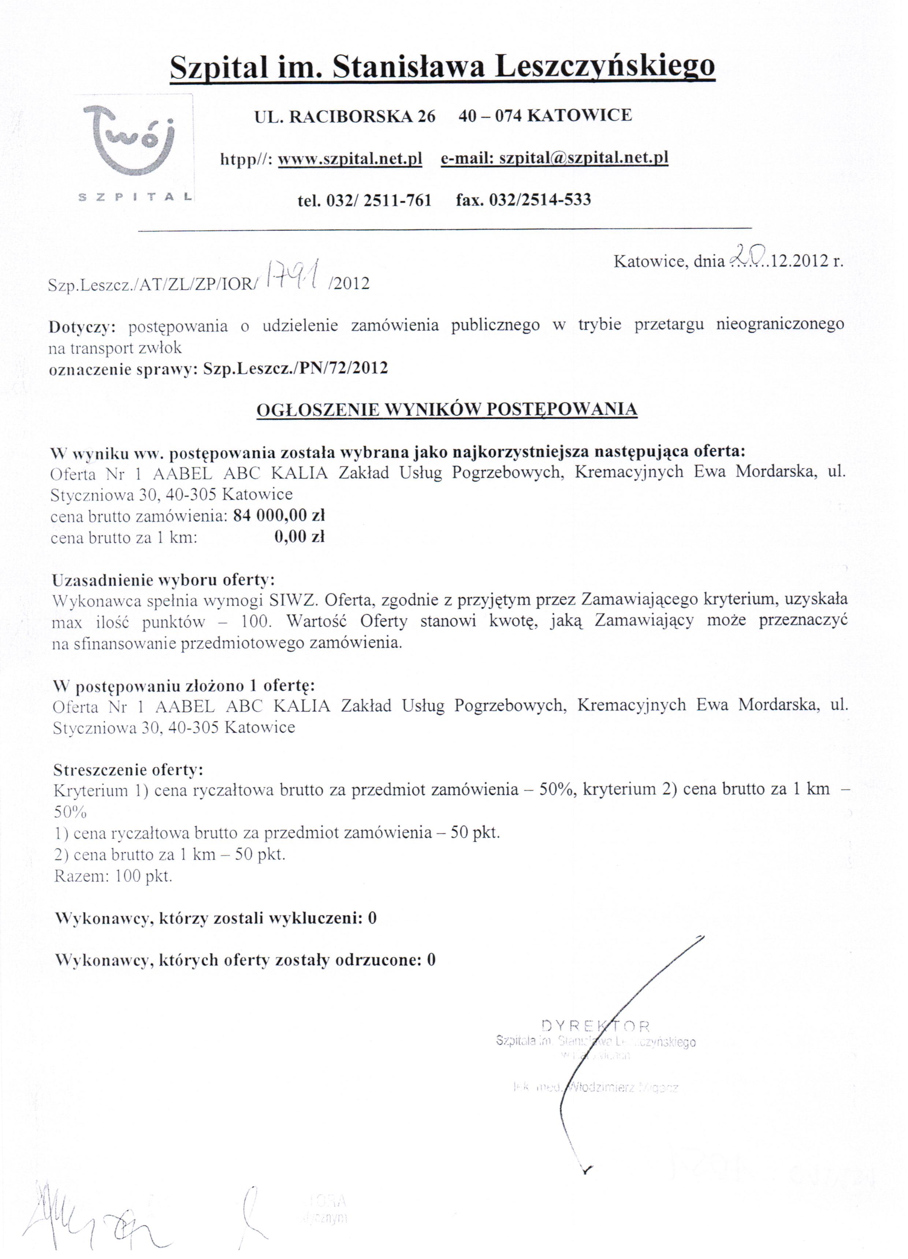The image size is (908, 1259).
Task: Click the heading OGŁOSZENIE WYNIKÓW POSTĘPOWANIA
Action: pyautogui.click(x=446, y=409)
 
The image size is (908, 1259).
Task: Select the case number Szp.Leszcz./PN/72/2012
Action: pyautogui.click(x=295, y=368)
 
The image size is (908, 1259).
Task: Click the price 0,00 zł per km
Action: pyautogui.click(x=299, y=537)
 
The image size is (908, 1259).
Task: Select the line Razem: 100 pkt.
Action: pyautogui.click(x=113, y=875)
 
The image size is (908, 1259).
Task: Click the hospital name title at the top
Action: pyautogui.click(x=442, y=67)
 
